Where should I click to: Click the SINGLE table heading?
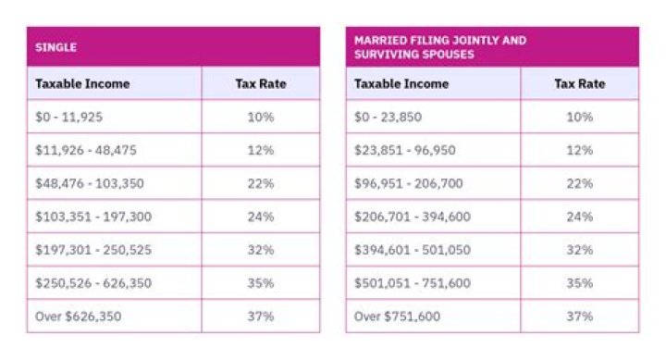tap(55, 46)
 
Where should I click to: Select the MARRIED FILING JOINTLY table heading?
tap(439, 46)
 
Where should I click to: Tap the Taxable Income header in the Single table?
tap(82, 83)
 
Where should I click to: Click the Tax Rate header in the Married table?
tap(579, 83)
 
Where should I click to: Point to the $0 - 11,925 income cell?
tap(73, 118)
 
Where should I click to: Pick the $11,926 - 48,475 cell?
tap(85, 151)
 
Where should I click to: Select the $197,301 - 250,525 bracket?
tap(92, 250)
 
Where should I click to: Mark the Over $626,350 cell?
tap(78, 316)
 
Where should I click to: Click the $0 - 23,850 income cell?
tap(392, 118)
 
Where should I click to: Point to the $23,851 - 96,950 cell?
tap(404, 151)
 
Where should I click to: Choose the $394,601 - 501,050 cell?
tap(412, 250)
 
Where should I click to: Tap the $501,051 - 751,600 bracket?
tap(412, 282)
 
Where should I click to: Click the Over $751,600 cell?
tap(397, 316)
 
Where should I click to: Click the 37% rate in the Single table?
tap(261, 316)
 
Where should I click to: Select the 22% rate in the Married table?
tap(579, 183)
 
